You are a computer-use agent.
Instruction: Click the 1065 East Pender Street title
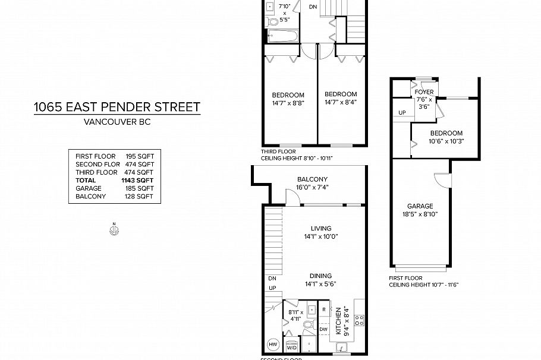pos(117,107)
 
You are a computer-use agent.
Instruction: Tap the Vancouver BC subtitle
pos(117,124)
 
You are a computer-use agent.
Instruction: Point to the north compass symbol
pos(114,231)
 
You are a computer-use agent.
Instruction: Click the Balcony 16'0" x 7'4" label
pos(312,183)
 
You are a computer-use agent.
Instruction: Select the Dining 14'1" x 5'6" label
pos(320,279)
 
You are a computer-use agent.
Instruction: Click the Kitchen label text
pos(338,321)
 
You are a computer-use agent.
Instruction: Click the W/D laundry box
pos(291,346)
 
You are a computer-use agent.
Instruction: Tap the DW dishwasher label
pos(323,329)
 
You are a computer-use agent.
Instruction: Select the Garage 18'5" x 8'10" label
pos(420,210)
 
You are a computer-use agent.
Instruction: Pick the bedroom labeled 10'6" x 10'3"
pos(446,137)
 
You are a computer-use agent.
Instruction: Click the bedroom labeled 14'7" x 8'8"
pos(288,99)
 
